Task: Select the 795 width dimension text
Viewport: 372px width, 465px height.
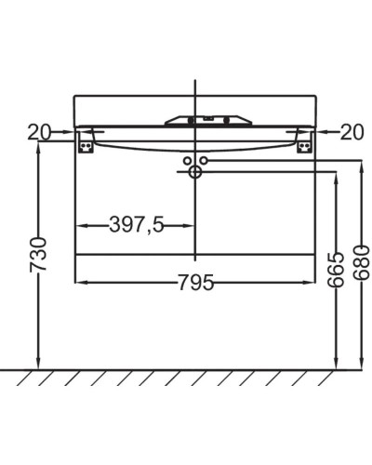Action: point(195,283)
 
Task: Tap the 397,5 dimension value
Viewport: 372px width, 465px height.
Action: point(137,224)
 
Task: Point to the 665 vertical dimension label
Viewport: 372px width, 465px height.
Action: point(336,271)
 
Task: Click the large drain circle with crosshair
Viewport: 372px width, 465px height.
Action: point(195,172)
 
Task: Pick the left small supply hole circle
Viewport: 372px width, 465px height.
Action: point(187,161)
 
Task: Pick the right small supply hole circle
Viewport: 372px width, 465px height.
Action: point(204,161)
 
